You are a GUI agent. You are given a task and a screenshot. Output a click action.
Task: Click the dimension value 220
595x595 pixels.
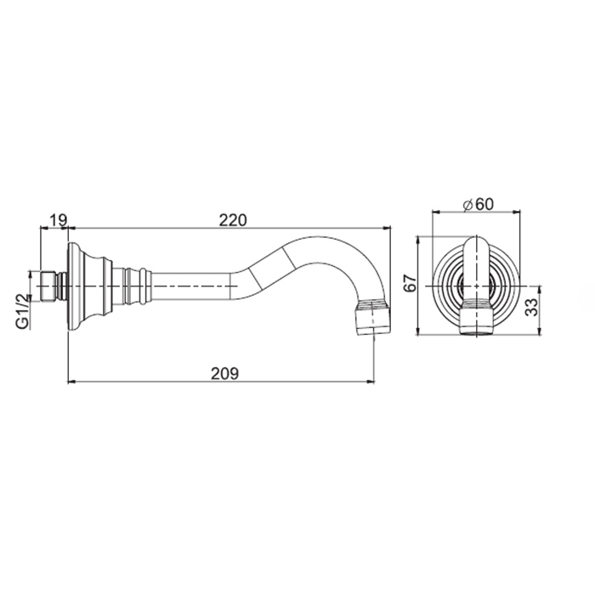[233, 220]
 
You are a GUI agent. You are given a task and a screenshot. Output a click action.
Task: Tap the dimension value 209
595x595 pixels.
[224, 374]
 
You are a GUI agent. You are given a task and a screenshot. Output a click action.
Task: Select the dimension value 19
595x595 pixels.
[58, 220]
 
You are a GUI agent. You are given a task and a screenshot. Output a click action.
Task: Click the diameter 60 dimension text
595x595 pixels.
[479, 205]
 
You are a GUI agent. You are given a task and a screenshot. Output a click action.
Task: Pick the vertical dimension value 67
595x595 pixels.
[411, 283]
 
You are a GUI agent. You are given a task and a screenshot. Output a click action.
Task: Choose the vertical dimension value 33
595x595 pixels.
[532, 308]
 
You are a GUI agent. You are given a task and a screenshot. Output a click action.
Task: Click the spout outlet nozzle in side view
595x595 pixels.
[372, 317]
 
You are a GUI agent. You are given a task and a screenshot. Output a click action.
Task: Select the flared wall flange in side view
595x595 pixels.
[90, 286]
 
